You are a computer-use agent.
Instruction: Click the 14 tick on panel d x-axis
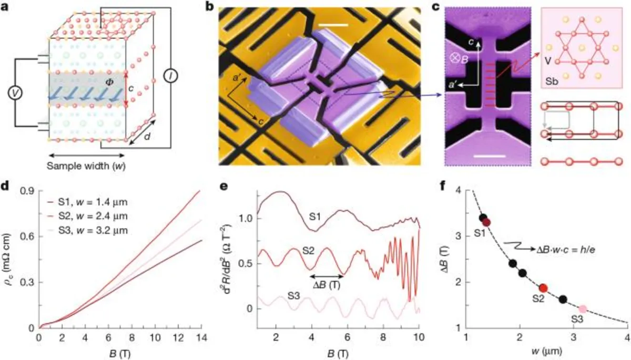pos(199,337)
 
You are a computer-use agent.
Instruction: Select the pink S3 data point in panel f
pos(583,309)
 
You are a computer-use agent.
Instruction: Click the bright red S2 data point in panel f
pos(544,287)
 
